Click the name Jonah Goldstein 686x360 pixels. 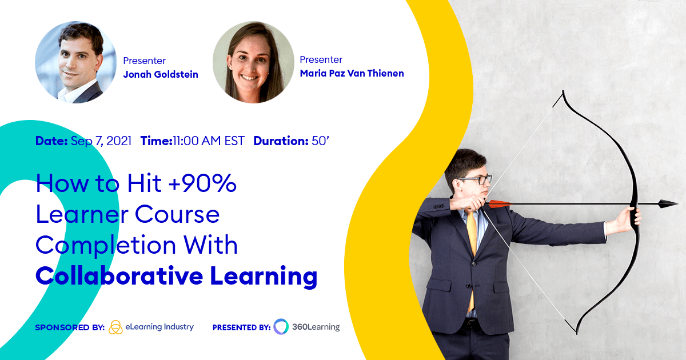161,74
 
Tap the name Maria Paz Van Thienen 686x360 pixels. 352,73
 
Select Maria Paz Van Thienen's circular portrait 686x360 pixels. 253,62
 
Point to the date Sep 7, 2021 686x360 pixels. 101,141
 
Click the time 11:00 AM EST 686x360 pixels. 209,141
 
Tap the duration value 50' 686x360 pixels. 320,141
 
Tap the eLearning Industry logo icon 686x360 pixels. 115,327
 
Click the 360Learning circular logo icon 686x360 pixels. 281,327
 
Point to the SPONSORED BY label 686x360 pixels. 69,327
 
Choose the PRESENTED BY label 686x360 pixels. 241,327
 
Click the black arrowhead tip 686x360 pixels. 669,203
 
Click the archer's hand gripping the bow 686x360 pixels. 632,218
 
